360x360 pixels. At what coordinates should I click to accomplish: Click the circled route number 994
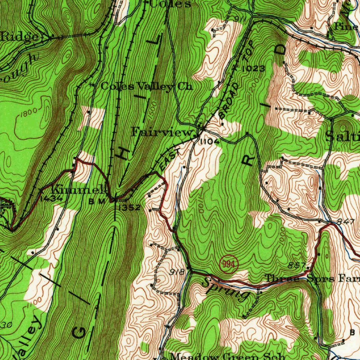tap(229, 263)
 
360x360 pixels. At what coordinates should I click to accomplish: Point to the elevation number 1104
tap(210, 142)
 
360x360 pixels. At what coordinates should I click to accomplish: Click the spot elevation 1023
tap(253, 69)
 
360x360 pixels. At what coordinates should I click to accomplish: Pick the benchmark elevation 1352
tap(129, 208)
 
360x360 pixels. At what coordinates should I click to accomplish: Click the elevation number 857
tap(296, 265)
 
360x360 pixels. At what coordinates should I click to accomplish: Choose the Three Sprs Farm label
tap(312, 278)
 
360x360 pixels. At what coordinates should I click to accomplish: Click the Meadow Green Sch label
tap(229, 356)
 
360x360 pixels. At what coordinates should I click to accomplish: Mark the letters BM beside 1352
tap(97, 202)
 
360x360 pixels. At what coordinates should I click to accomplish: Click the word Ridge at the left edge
tap(20, 37)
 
